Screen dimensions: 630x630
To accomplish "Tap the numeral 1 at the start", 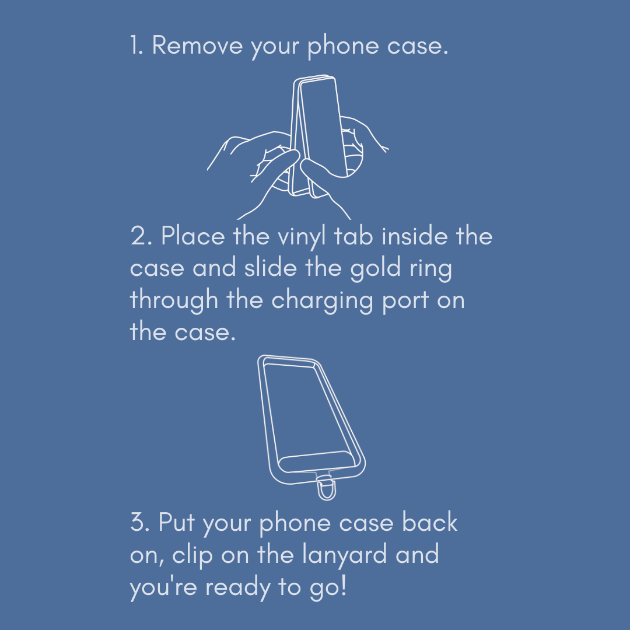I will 136,45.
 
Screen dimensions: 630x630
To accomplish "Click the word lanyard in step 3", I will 345,555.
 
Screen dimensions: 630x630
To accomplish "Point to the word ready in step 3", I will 238,587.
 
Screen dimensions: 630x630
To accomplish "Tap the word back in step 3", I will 430,523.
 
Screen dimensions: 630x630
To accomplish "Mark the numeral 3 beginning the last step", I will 139,523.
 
